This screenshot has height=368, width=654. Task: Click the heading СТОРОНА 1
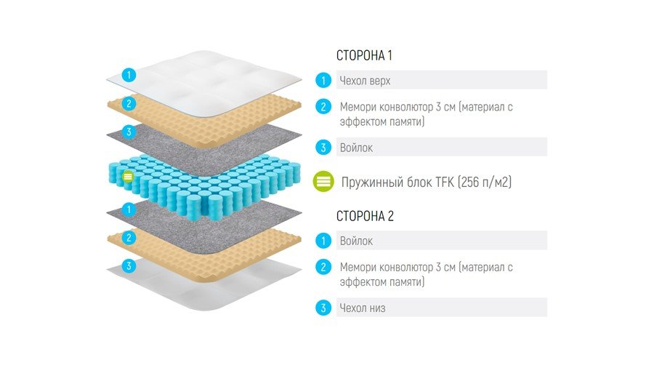(x=364, y=55)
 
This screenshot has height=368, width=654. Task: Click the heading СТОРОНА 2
(x=365, y=216)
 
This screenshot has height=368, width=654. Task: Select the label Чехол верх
(x=365, y=81)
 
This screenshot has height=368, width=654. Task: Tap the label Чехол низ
(x=363, y=308)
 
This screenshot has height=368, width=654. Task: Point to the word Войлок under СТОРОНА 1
(x=356, y=148)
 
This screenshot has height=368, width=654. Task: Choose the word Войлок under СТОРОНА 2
(x=356, y=241)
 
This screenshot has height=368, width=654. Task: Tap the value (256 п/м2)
(x=485, y=183)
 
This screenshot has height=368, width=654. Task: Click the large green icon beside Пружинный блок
(x=323, y=182)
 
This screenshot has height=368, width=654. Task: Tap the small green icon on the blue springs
(x=128, y=177)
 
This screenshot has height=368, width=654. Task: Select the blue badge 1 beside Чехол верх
(x=323, y=80)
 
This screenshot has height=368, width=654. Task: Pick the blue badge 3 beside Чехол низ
(x=323, y=308)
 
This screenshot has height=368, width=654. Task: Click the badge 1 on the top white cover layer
(x=129, y=75)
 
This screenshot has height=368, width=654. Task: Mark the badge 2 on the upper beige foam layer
(x=129, y=103)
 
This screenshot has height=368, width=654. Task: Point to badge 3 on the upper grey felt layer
(x=129, y=132)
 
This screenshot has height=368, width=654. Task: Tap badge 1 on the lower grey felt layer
(x=129, y=209)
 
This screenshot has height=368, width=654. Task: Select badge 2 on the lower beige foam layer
(x=129, y=238)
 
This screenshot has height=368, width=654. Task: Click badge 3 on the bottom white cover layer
(x=129, y=265)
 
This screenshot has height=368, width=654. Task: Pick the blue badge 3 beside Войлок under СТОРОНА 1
(x=323, y=148)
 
